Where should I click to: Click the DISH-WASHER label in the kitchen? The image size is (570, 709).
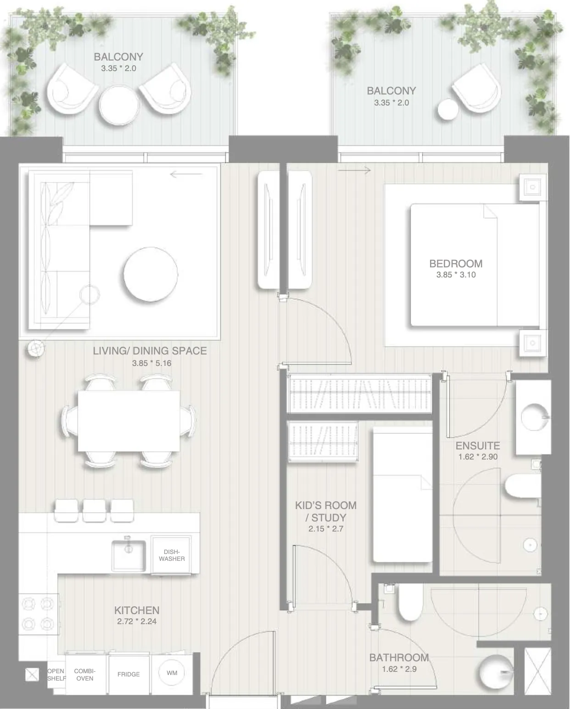(x=172, y=555)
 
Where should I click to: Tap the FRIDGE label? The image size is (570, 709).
(x=129, y=674)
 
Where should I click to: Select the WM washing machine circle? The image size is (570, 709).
(x=172, y=673)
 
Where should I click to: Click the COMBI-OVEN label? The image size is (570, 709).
(x=85, y=675)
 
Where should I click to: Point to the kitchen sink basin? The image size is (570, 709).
(x=129, y=556)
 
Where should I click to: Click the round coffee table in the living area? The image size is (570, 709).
(x=151, y=274)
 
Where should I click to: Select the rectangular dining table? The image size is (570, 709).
(x=129, y=421)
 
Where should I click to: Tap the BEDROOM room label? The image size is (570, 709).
(x=456, y=264)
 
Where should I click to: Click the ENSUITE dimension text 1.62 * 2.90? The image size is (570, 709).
(x=478, y=457)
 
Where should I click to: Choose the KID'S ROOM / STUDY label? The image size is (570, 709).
(x=326, y=511)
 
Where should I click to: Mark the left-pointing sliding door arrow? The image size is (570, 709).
(x=186, y=174)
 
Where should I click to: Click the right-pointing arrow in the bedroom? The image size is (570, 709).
(x=354, y=171)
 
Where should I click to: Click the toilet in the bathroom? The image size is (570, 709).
(x=410, y=602)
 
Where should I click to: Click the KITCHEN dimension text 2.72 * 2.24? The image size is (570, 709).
(x=137, y=621)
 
